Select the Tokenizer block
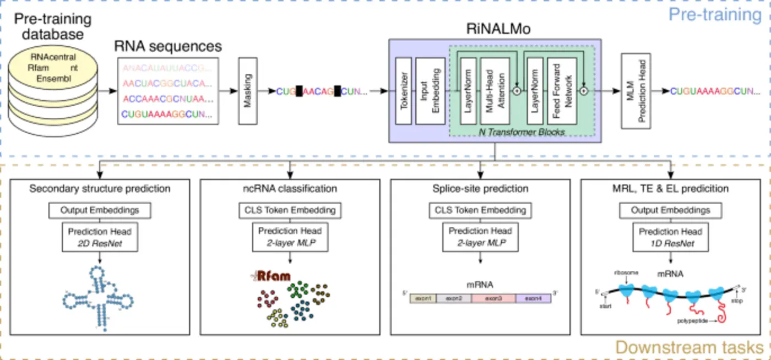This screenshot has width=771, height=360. (404, 91)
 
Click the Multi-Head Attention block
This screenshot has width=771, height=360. (492, 91)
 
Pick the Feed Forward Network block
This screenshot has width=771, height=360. (562, 91)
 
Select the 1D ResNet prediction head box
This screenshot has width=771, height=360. (670, 236)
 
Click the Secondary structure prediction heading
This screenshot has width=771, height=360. (100, 189)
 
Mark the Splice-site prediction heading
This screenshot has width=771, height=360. (480, 189)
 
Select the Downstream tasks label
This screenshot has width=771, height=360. (689, 347)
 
